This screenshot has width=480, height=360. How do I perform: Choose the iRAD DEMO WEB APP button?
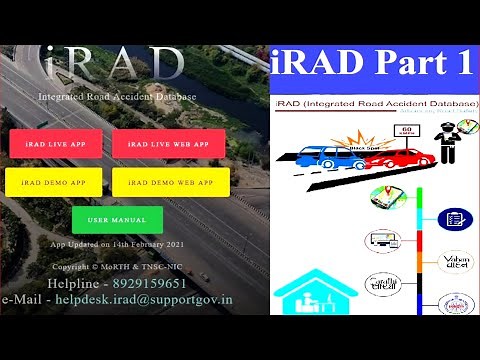pyautogui.click(x=171, y=183)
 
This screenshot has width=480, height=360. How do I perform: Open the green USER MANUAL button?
pyautogui.click(x=116, y=219)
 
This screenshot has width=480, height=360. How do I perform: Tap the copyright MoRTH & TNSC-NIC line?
pyautogui.click(x=117, y=267)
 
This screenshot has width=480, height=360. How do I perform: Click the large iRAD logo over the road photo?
pyautogui.click(x=118, y=66)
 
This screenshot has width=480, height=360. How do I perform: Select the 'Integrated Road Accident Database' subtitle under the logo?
pyautogui.click(x=117, y=97)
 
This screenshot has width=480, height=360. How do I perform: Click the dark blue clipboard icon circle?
pyautogui.click(x=454, y=218)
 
